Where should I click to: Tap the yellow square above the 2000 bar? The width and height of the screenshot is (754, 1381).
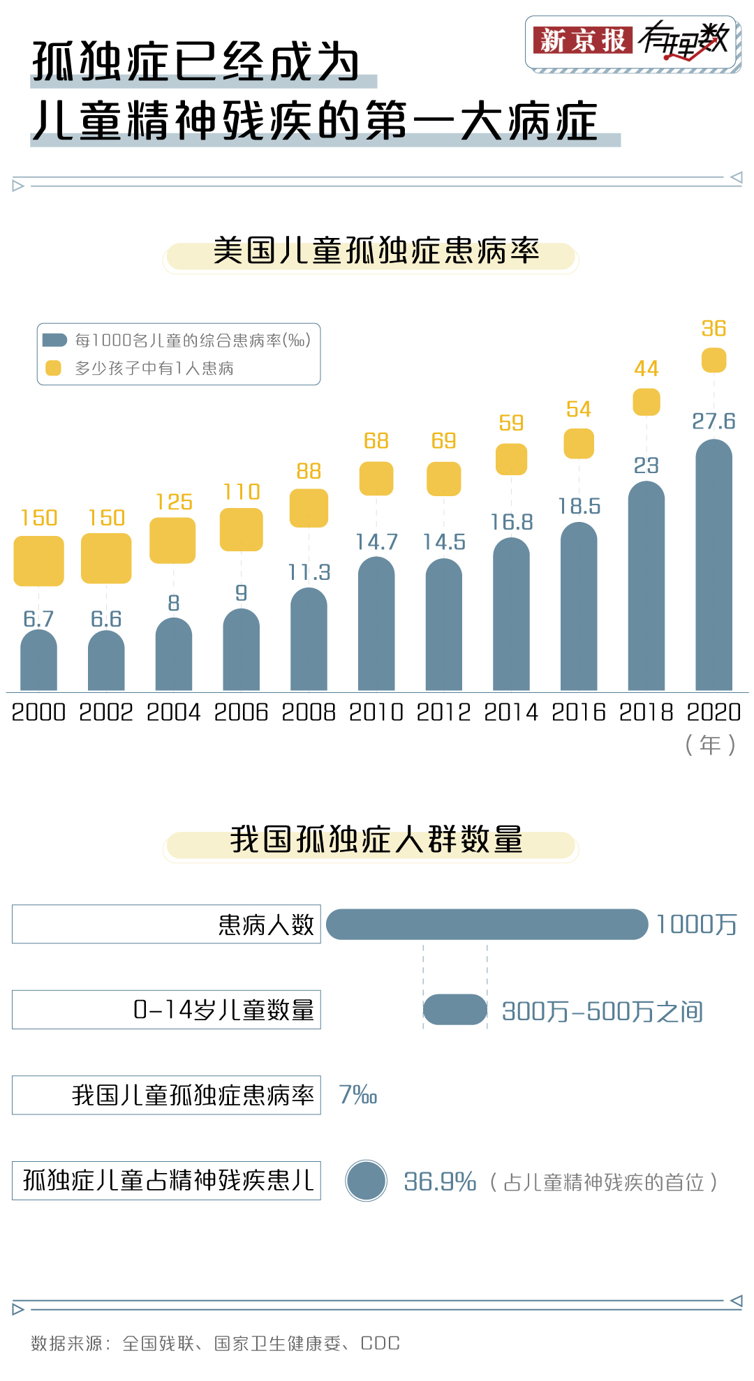point(39,560)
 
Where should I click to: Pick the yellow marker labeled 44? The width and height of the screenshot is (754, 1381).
point(646,402)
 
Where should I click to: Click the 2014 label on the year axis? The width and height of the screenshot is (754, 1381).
point(511,712)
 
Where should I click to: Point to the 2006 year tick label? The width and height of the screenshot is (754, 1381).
point(241,712)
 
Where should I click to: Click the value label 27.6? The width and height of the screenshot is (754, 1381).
point(714,421)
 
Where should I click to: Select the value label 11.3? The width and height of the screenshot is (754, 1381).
point(309,573)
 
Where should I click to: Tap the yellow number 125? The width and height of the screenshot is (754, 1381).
point(174,502)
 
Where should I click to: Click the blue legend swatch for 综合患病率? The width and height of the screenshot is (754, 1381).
point(54,341)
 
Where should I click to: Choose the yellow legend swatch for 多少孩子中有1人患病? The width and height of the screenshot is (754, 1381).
point(53,368)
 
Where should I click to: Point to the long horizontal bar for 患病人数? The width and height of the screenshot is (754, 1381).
point(487,925)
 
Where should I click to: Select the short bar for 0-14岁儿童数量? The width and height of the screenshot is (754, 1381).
point(454,1010)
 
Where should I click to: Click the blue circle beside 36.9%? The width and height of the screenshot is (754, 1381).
point(366,1181)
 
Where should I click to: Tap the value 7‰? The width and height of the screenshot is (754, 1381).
point(357,1095)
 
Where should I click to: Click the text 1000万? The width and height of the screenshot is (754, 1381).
point(696,925)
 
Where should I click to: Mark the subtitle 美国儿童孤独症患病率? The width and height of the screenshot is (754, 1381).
point(376,251)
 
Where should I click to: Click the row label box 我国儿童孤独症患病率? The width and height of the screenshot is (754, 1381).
point(166,1095)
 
